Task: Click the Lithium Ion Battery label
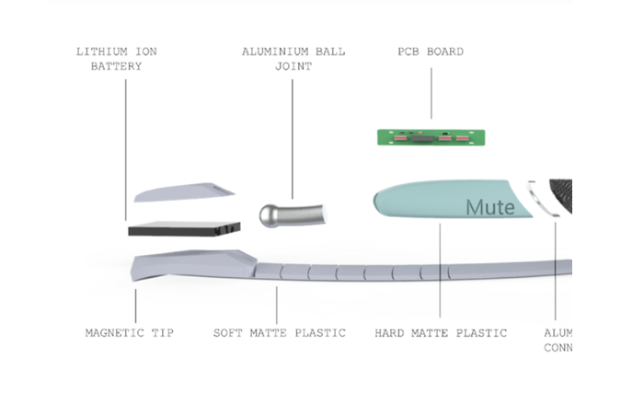click(x=116, y=59)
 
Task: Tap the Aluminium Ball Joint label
click(x=293, y=59)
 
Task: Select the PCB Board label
click(x=431, y=52)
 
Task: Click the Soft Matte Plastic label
click(x=280, y=332)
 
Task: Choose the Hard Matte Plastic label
click(x=441, y=332)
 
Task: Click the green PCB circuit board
click(x=431, y=137)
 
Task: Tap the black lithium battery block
click(x=184, y=225)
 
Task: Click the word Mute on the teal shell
click(x=489, y=207)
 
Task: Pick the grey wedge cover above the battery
click(x=184, y=191)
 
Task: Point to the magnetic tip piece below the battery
click(x=189, y=266)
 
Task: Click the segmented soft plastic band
click(x=368, y=272)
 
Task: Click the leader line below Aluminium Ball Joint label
click(x=293, y=138)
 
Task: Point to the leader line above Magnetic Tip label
click(x=134, y=304)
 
